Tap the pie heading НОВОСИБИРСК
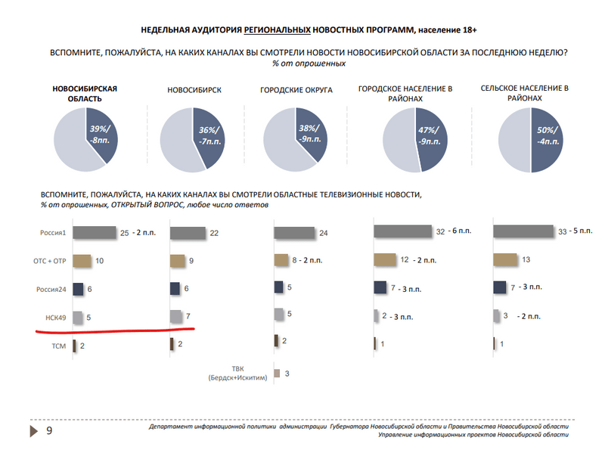194,90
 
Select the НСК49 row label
54,317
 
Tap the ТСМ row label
58,345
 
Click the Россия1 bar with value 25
95,233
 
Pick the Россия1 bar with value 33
523,231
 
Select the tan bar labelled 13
510,260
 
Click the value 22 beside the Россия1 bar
214,233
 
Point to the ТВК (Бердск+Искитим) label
238,374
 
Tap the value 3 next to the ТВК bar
287,374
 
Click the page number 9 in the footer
50,431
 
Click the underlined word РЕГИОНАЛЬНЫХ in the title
278,29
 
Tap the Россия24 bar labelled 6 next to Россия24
78,289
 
